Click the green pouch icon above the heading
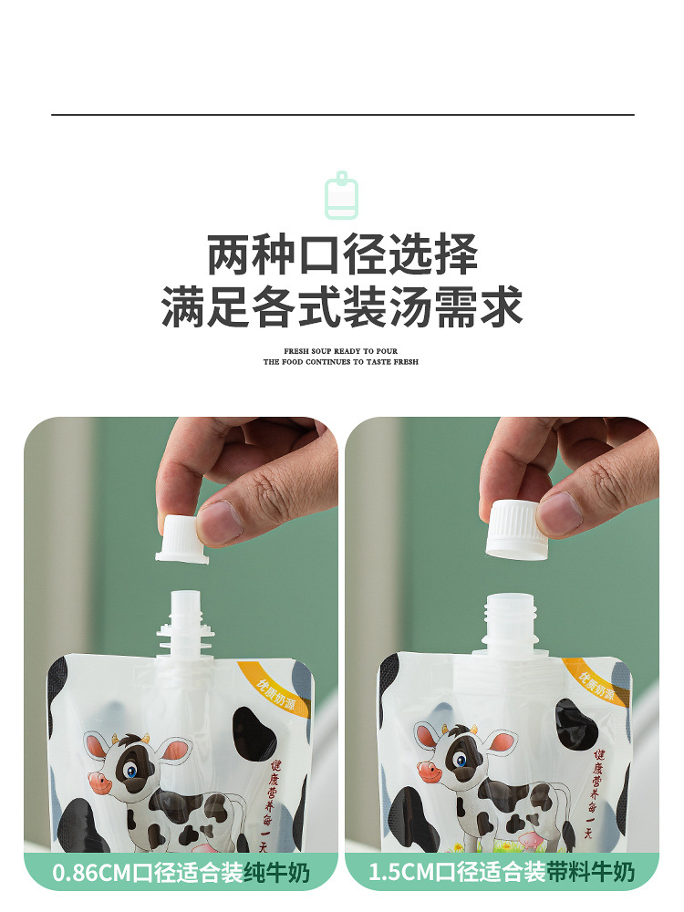pyautogui.click(x=342, y=196)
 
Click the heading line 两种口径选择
pyautogui.click(x=342, y=254)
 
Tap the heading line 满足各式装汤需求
pyautogui.click(x=342, y=306)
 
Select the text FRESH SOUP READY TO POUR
pyautogui.click(x=341, y=351)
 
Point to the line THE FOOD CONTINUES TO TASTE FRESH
pyautogui.click(x=341, y=362)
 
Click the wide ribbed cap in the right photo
pyautogui.click(x=516, y=526)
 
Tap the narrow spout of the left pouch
pyautogui.click(x=181, y=620)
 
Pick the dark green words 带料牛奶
pyautogui.click(x=590, y=873)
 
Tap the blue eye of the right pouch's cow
pyautogui.click(x=461, y=761)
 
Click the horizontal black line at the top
pyautogui.click(x=342, y=115)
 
